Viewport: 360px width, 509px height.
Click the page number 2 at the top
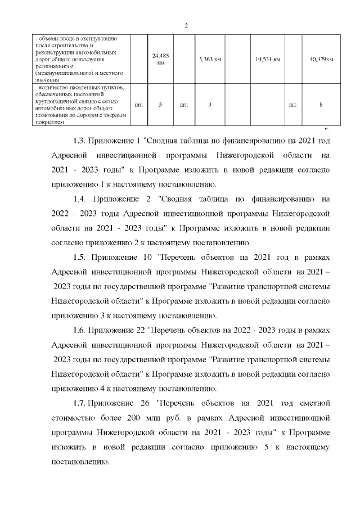[x=186, y=25]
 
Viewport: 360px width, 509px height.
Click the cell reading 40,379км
[x=321, y=59]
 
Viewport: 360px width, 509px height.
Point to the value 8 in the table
[x=321, y=105]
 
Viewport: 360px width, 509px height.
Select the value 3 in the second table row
[x=209, y=105]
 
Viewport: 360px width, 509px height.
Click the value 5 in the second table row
[x=161, y=105]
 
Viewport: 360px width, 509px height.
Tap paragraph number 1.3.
[x=80, y=139]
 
